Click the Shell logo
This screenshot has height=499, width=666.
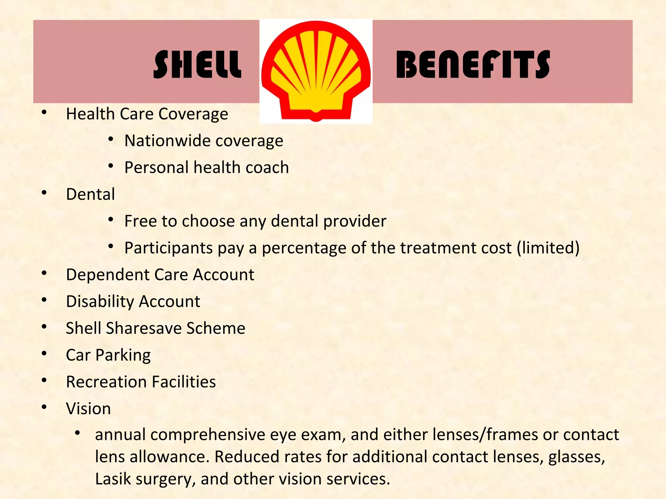[x=316, y=71]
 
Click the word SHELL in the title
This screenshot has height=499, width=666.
[x=197, y=65]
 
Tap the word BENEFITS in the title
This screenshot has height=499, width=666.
[x=473, y=65]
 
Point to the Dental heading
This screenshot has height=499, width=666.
[x=90, y=194]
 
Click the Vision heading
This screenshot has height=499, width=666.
[x=88, y=408]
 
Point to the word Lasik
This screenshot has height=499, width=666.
[x=113, y=479]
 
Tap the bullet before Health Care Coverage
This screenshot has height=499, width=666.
[x=44, y=112]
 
